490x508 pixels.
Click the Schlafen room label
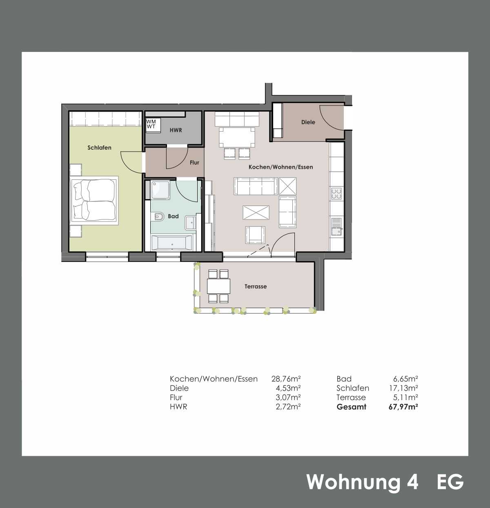[99, 148]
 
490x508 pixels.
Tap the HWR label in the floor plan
[176, 130]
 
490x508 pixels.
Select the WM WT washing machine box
[153, 125]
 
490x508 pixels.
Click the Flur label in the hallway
[194, 163]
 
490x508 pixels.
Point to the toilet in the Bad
[158, 217]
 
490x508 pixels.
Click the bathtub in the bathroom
[172, 243]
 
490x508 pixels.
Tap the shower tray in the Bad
[160, 190]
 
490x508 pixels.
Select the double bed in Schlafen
[94, 201]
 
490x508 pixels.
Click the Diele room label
[308, 122]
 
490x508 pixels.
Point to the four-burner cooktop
[336, 193]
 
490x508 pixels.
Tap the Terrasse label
[256, 286]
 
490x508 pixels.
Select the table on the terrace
[218, 286]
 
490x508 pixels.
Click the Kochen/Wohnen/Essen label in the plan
[281, 167]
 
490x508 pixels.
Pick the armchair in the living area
[255, 235]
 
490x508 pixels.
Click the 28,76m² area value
[286, 379]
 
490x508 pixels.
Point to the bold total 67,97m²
[403, 407]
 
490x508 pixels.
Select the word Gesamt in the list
[352, 407]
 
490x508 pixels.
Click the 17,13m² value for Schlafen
[404, 388]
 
